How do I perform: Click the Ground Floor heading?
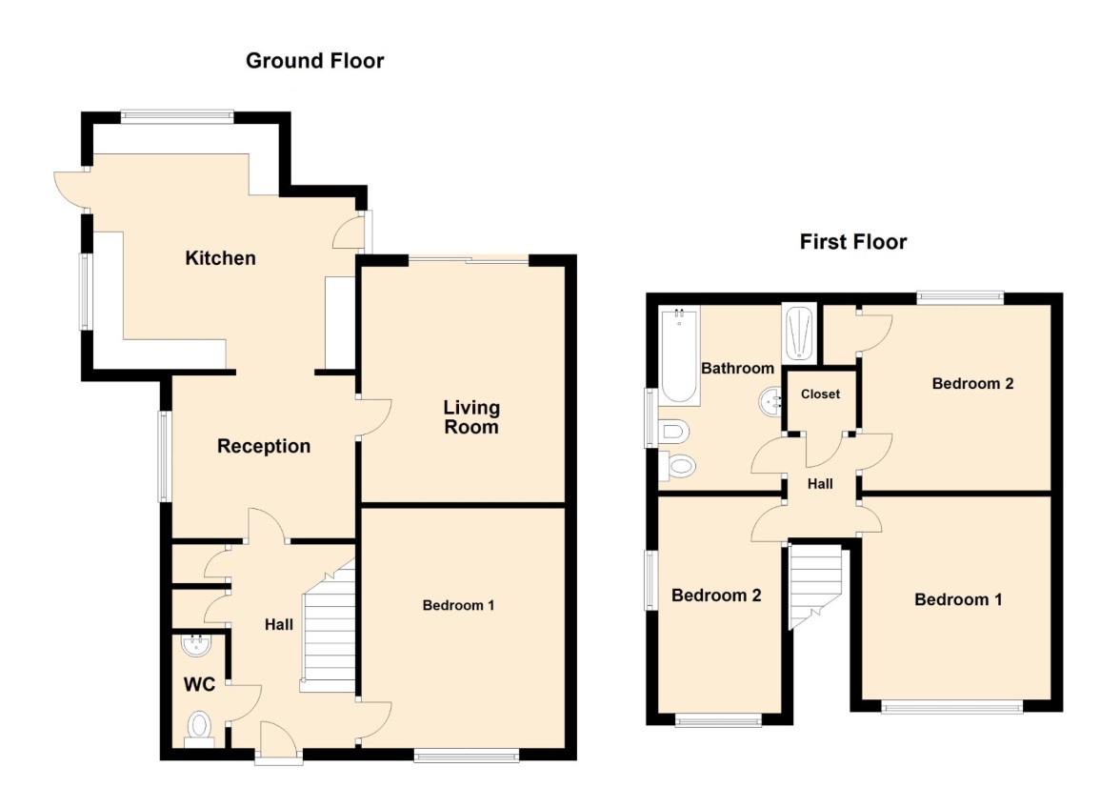pos(314,61)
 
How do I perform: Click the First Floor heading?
pos(853,241)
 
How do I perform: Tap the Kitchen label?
pos(220,258)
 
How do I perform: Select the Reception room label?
pos(264,447)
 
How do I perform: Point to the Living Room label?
pos(471,417)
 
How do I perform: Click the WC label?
pos(199,684)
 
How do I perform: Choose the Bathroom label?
pos(737,368)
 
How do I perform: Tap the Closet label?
pos(820,394)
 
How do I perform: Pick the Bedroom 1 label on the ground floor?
pos(458,605)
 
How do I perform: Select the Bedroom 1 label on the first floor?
pos(958,599)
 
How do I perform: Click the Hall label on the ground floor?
pos(278,624)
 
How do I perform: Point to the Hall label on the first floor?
pos(820,484)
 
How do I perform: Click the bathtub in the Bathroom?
pos(678,355)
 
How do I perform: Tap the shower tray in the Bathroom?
pos(799,333)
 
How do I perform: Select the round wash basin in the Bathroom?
pos(770,401)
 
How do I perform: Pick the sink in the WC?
pos(196,645)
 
